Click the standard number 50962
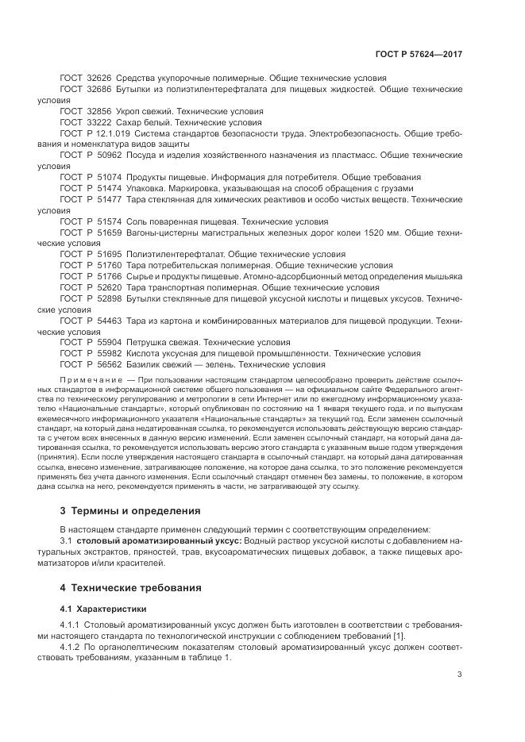[x=107, y=156]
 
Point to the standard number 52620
[x=107, y=287]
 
